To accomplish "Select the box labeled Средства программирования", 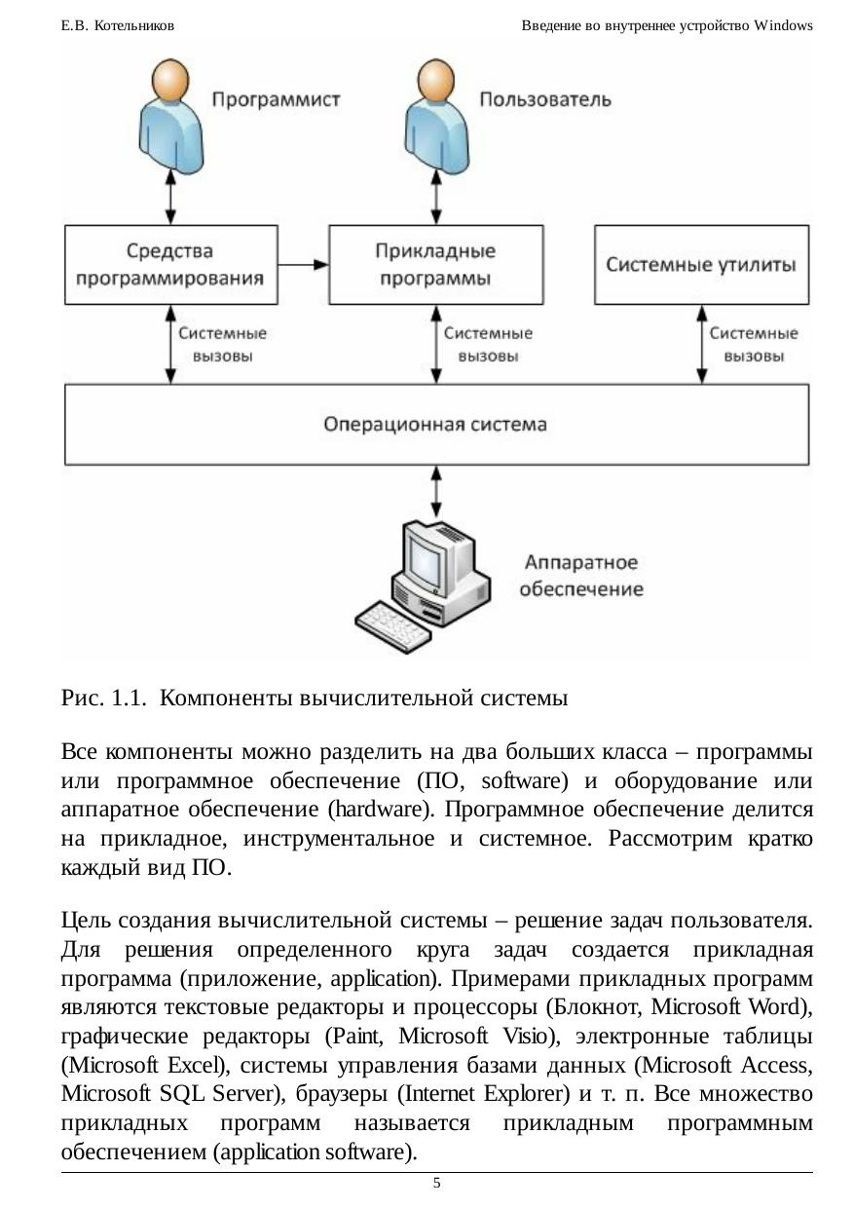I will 170,265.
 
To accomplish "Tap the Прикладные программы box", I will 435,265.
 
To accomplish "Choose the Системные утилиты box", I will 701,265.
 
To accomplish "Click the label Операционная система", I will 435,425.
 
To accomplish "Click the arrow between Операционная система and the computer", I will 436,491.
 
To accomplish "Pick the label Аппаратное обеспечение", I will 580,576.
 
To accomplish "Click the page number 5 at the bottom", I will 436,1183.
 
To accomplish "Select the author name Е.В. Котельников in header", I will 118,26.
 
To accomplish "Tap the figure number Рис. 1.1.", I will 103,699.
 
